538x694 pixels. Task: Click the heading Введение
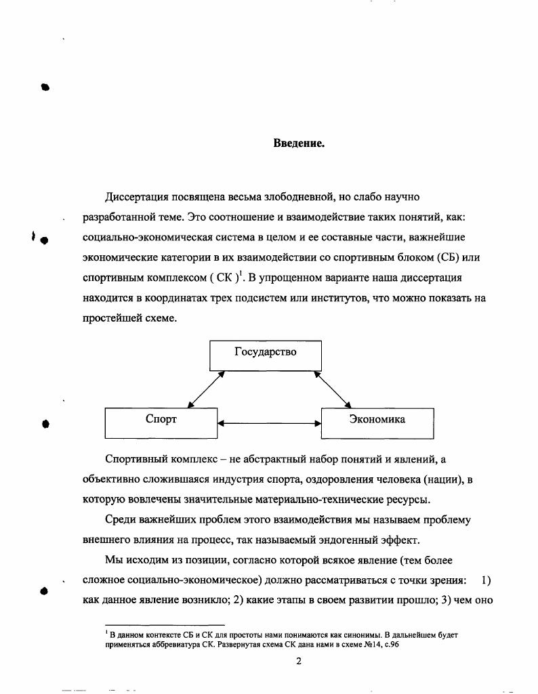[x=299, y=143]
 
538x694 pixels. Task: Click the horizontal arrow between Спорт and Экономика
[x=269, y=424]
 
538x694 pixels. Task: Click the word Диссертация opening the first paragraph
[x=138, y=197]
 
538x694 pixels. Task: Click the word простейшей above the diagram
[x=108, y=318]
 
